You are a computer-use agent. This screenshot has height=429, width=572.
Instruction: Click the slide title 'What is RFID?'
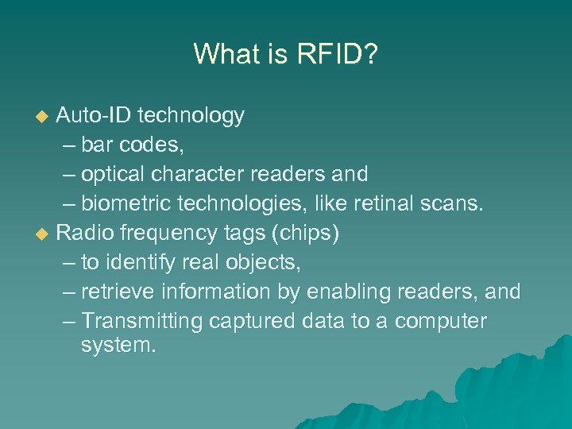point(286,54)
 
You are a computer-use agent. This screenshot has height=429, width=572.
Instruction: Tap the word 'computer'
point(440,322)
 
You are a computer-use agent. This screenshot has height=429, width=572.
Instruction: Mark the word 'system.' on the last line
point(118,346)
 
